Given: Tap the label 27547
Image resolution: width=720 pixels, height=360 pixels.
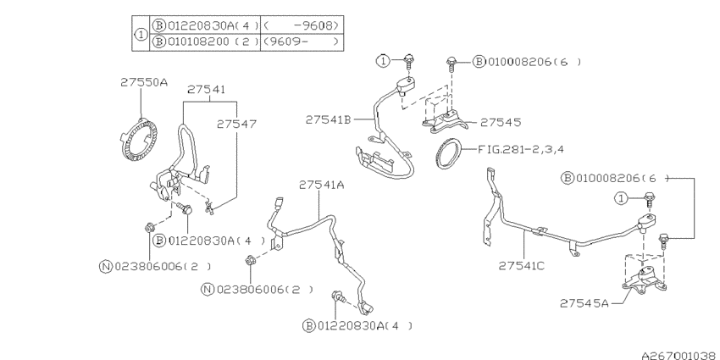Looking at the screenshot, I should [x=236, y=123].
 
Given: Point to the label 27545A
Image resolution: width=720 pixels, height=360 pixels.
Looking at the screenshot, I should [x=584, y=302].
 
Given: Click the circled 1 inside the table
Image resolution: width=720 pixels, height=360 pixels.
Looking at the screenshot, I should [x=141, y=33].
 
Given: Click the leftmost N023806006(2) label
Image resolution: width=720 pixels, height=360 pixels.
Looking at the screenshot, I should [x=155, y=266].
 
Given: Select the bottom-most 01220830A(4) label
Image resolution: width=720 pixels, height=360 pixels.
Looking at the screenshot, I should [x=360, y=325].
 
